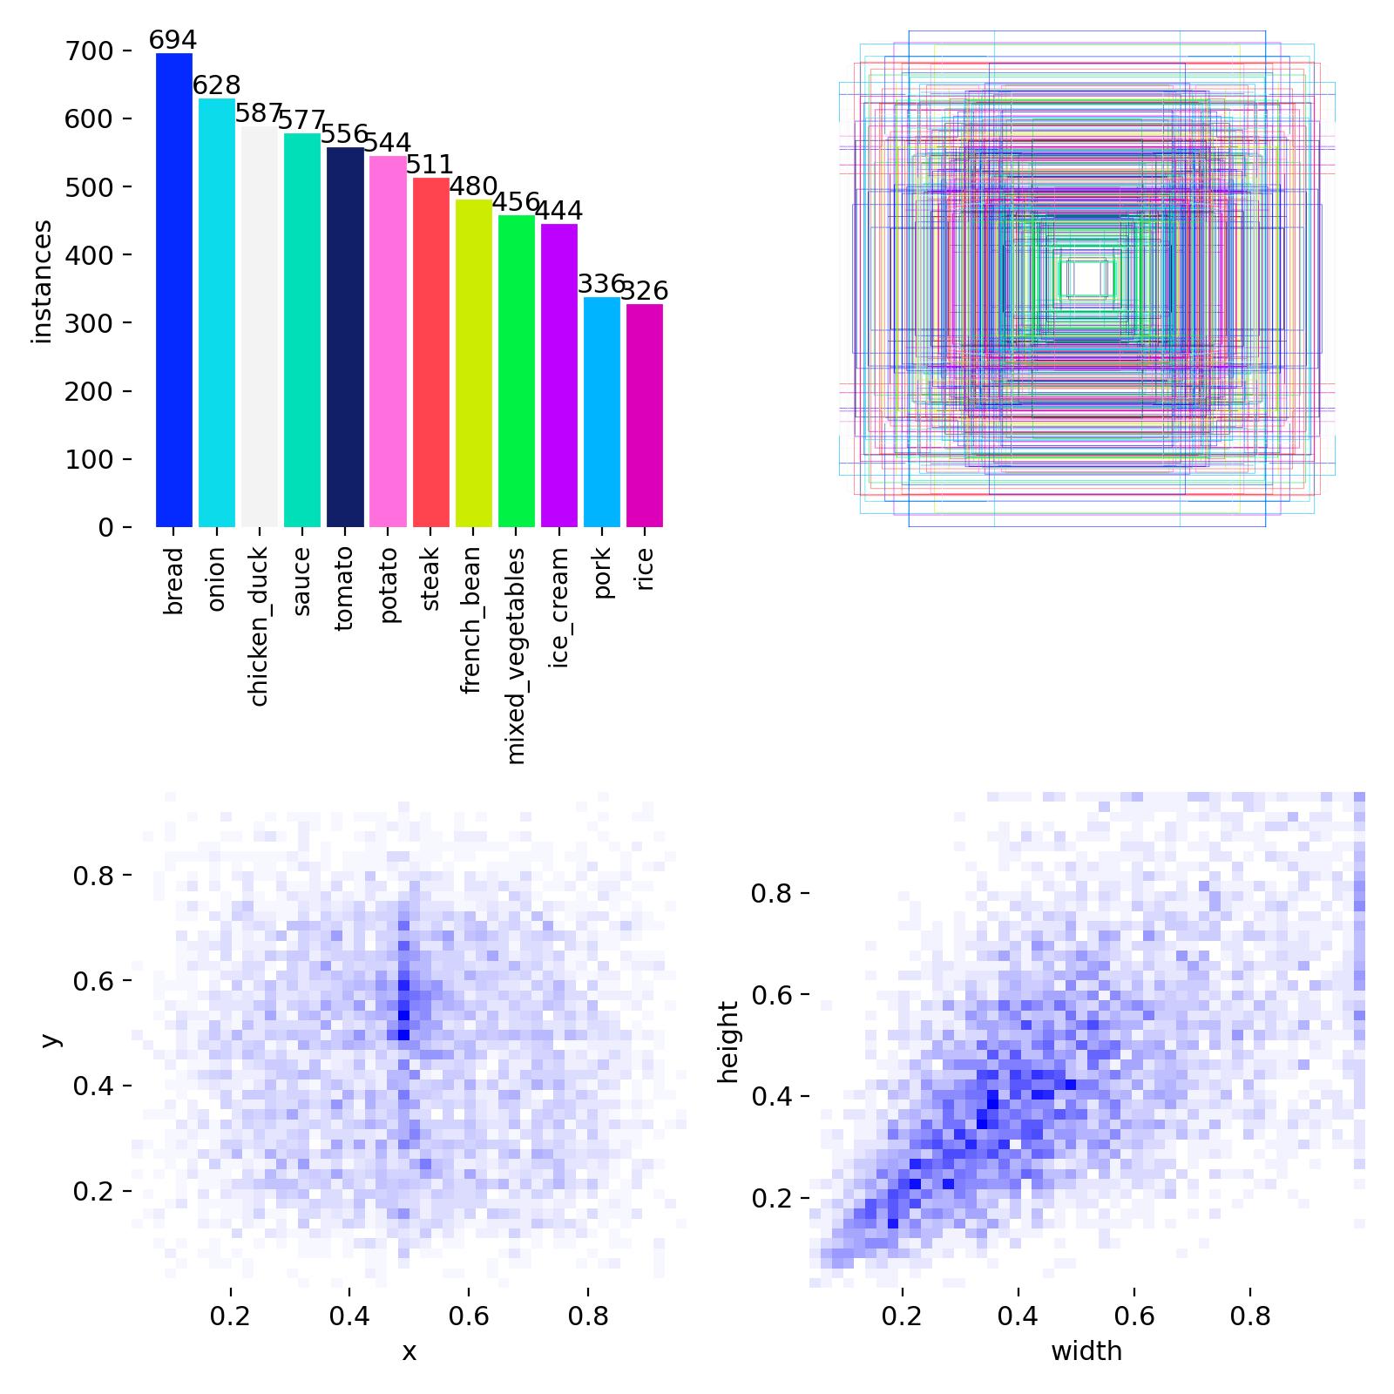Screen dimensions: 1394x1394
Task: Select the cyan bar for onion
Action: point(217,313)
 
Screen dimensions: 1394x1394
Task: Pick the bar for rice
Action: point(645,416)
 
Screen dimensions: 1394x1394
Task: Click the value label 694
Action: point(173,40)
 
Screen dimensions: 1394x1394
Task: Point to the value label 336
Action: point(601,284)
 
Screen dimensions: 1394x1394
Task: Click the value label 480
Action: point(473,186)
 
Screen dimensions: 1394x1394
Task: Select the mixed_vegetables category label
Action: point(516,656)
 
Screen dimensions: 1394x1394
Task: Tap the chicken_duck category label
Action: point(259,626)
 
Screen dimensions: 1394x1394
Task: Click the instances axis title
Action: point(41,281)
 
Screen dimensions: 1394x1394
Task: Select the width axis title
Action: point(1086,1351)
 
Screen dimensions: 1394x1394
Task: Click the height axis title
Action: point(728,1042)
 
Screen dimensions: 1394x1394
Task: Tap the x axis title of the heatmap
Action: point(409,1351)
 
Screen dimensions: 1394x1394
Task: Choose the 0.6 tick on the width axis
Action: point(1133,1315)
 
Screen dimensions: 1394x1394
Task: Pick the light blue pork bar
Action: point(602,412)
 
